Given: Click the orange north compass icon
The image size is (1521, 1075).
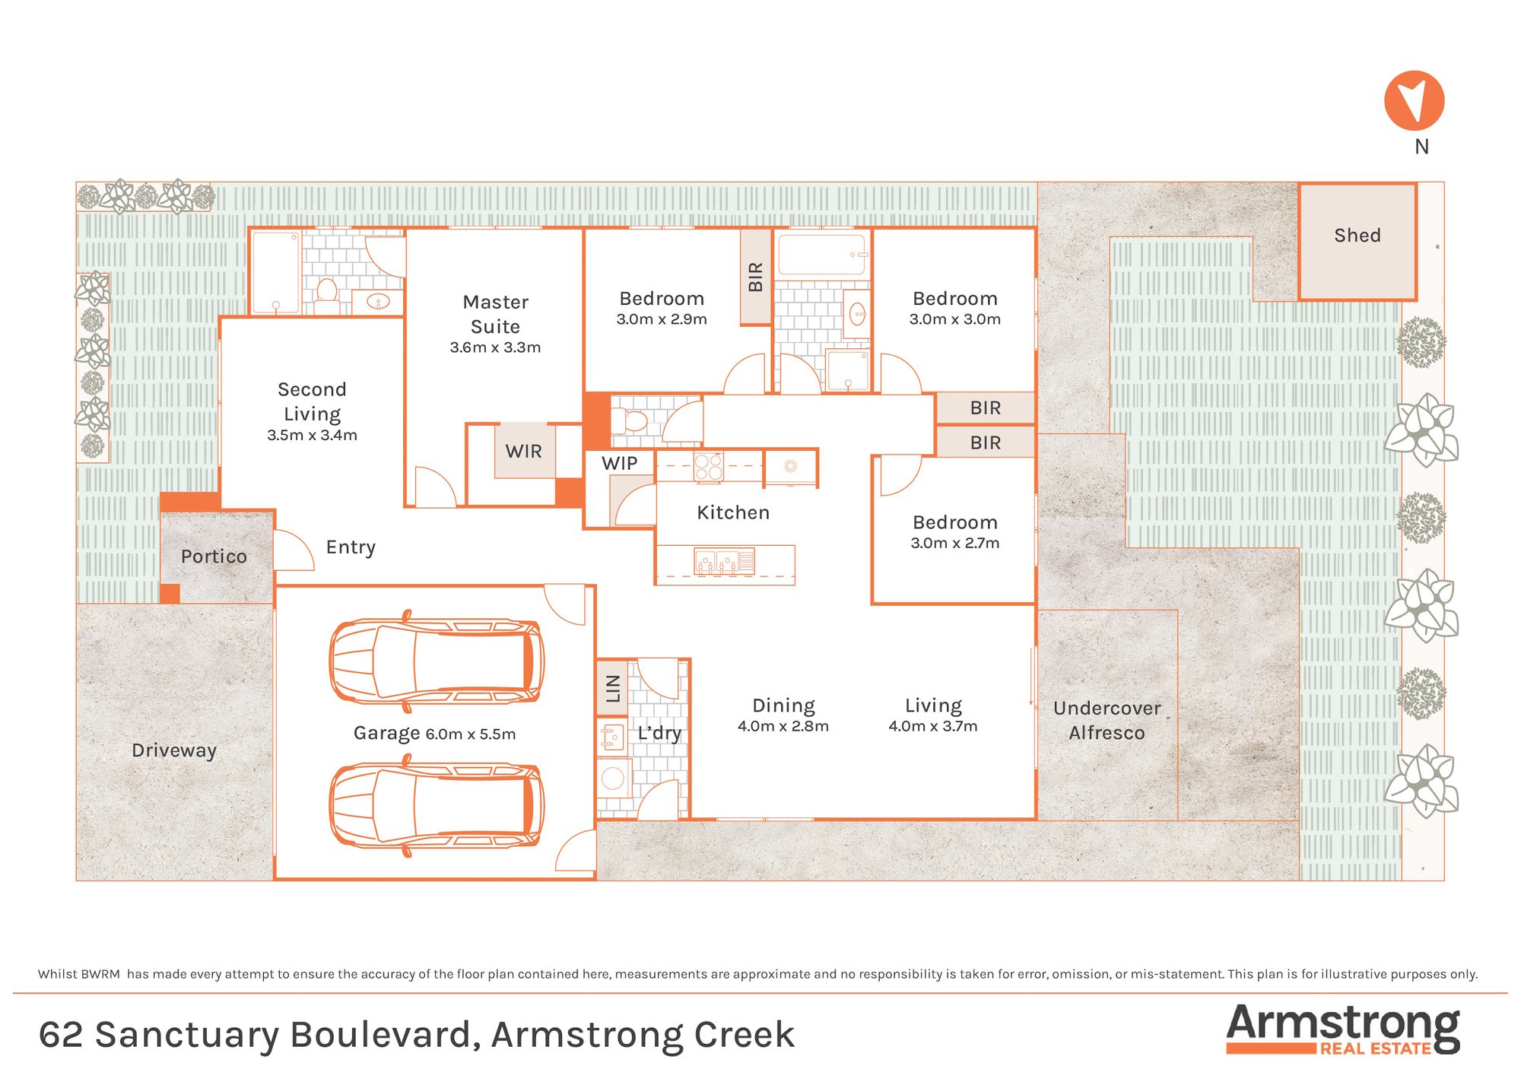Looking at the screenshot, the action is click(x=1414, y=101).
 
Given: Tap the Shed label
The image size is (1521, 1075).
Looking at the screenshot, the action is click(x=1357, y=236).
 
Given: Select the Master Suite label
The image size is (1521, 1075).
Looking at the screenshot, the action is click(x=496, y=314).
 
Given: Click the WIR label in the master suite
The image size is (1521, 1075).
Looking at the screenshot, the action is click(x=524, y=452).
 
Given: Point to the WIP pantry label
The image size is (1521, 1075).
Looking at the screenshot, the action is click(x=620, y=464).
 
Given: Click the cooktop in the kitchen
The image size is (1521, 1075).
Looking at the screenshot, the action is click(x=709, y=467).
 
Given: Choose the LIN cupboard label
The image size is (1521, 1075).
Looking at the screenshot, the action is click(x=613, y=688).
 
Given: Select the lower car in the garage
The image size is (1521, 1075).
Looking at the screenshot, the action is click(x=437, y=806).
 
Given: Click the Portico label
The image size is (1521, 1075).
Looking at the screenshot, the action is click(x=214, y=557).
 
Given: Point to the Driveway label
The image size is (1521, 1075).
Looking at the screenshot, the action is click(x=174, y=750).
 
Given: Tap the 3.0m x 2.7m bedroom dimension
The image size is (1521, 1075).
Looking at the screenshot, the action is click(x=955, y=543).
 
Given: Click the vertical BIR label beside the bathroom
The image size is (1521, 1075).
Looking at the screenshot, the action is click(x=755, y=277).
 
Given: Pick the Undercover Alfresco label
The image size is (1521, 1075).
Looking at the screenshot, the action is click(x=1107, y=720).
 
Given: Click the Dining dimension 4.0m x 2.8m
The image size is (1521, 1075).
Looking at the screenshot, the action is click(x=783, y=726).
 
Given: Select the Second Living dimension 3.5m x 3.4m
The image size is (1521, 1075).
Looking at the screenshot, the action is click(x=312, y=435).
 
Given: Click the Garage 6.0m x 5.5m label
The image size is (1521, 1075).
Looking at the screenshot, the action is click(x=434, y=734).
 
